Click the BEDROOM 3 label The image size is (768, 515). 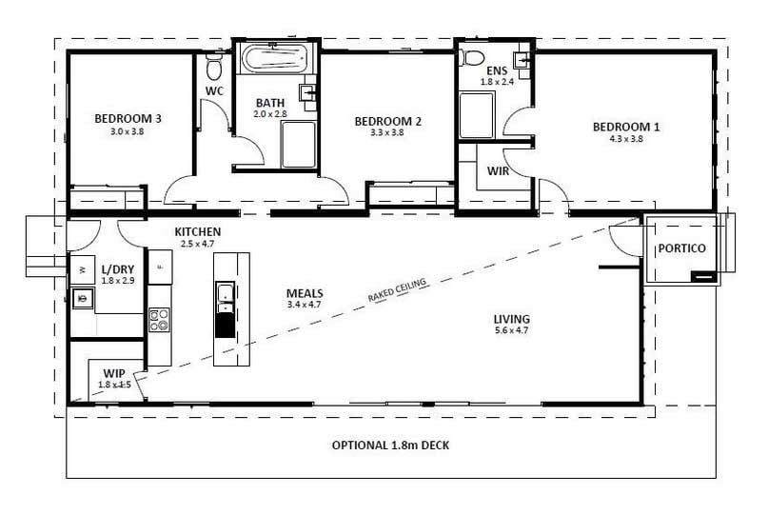tap(128, 119)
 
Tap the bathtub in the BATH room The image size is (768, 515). tap(276, 60)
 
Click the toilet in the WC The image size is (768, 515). tap(214, 67)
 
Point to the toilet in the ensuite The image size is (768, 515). tap(473, 57)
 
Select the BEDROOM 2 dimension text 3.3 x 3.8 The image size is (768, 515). tap(387, 132)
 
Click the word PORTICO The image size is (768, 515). tap(681, 248)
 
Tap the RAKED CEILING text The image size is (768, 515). tap(397, 290)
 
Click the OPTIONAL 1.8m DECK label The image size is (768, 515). tap(390, 446)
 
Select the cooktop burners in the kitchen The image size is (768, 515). tap(159, 321)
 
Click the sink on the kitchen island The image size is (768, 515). tap(226, 298)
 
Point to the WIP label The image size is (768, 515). tap(113, 374)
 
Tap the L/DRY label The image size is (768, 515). tap(118, 269)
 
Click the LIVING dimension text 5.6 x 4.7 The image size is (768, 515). tap(512, 330)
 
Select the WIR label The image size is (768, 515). tap(498, 171)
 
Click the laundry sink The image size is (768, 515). tap(83, 298)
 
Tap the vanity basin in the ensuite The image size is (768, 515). tap(522, 60)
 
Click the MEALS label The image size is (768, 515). tap(305, 293)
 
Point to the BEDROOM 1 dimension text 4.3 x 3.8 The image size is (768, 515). tap(626, 139)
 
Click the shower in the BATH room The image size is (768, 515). tap(299, 144)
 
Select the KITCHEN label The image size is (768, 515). tap(198, 231)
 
